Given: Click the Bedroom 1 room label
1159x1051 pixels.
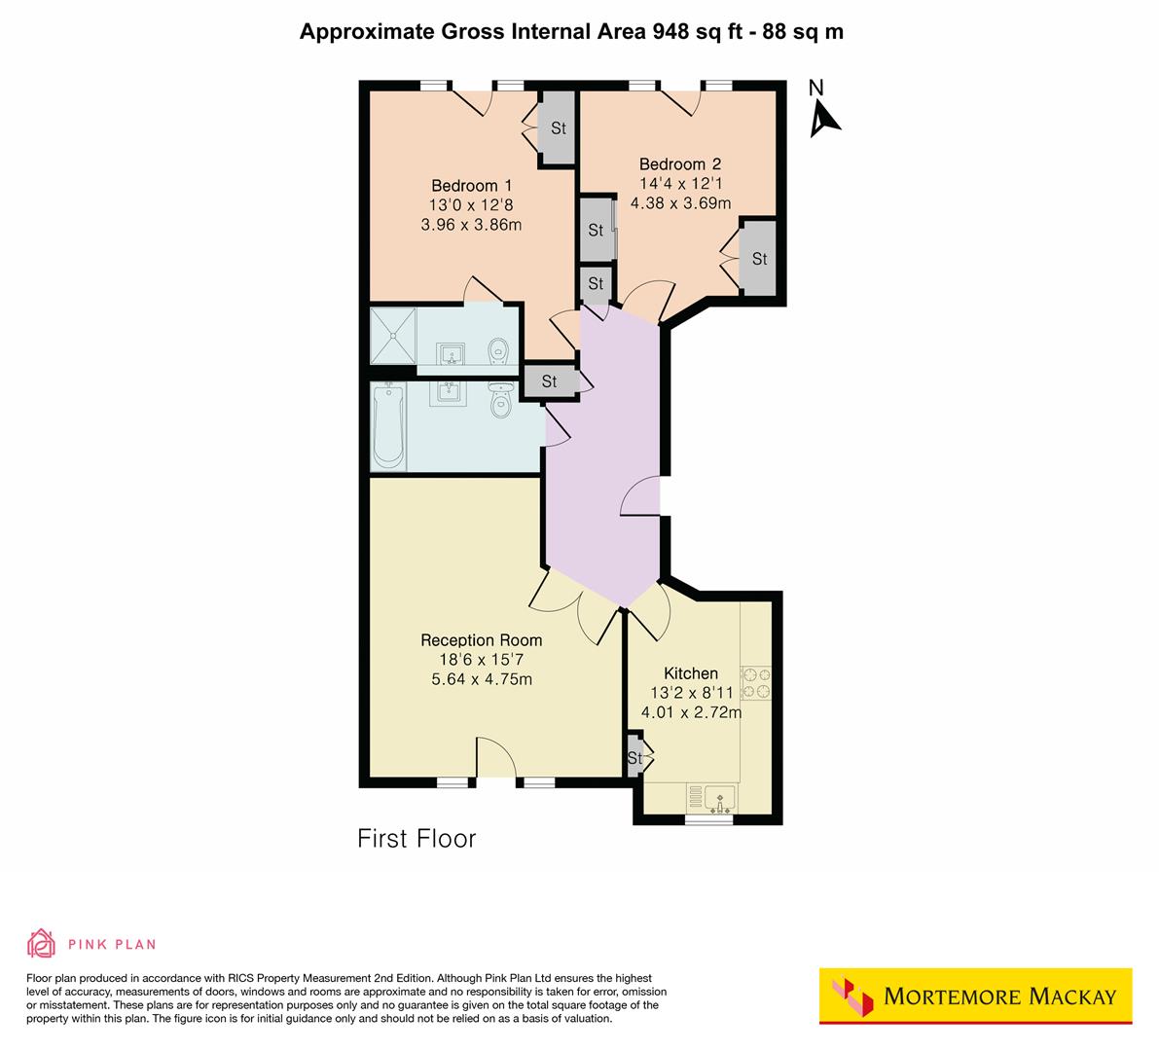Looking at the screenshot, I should pyautogui.click(x=471, y=185).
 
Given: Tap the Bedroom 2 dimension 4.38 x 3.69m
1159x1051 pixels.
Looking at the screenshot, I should pyautogui.click(x=680, y=203).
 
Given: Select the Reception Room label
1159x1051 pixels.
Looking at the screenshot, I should pyautogui.click(x=481, y=640).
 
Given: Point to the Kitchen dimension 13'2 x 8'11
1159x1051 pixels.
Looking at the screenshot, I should pyautogui.click(x=691, y=693).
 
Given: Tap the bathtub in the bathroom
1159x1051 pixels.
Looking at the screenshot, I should pyautogui.click(x=388, y=425).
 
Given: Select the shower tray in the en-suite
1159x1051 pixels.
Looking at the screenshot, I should pyautogui.click(x=393, y=337).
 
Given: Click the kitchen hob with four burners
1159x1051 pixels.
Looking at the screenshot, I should pyautogui.click(x=756, y=683).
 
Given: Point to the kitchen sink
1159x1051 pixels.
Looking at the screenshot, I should pyautogui.click(x=721, y=798).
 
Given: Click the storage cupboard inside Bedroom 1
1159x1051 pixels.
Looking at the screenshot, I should pyautogui.click(x=558, y=128).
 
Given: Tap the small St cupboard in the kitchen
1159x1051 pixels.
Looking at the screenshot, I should pyautogui.click(x=635, y=758).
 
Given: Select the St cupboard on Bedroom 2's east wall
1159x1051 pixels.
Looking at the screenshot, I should pyautogui.click(x=758, y=259).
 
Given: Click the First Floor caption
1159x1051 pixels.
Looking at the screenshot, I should pyautogui.click(x=417, y=838).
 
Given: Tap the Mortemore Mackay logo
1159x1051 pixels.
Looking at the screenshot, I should pyautogui.click(x=975, y=996).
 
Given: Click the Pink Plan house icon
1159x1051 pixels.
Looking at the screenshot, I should pyautogui.click(x=41, y=943).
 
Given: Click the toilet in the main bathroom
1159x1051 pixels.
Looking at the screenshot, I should pyautogui.click(x=501, y=401).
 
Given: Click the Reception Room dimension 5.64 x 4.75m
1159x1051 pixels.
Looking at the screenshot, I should pyautogui.click(x=481, y=679).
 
